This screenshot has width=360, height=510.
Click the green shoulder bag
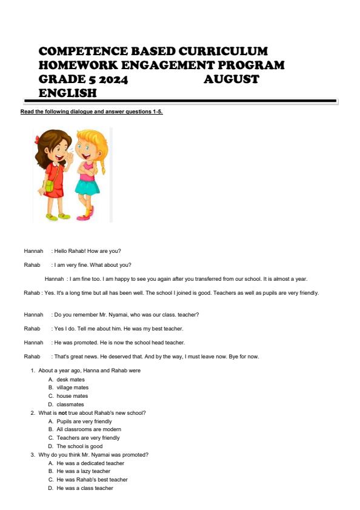pos(48,185)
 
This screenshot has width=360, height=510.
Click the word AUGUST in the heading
pos(231,79)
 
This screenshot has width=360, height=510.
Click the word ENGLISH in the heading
pos(67,93)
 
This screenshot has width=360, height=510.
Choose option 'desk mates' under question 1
pos(70,379)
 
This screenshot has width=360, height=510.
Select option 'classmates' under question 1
pos(70,404)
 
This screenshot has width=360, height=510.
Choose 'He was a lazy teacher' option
pos(83,471)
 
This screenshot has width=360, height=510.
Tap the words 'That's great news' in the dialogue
pos(74,356)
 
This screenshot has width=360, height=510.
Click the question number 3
pos(32,455)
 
